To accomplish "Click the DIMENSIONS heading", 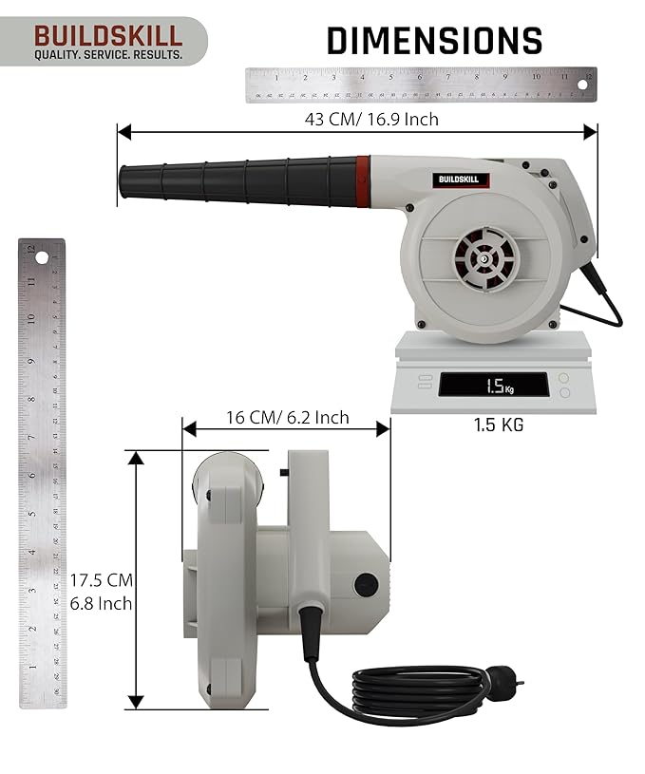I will [x=434, y=41].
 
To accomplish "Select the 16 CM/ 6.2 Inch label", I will [x=287, y=418].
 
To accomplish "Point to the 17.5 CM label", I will [x=101, y=579].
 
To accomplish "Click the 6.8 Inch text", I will [x=101, y=603].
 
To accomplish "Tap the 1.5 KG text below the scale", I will [x=499, y=425].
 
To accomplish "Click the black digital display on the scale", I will [x=495, y=386].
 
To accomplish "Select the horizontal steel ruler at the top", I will [x=419, y=85].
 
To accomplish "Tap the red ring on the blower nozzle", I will [x=363, y=179].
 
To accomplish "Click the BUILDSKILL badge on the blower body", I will [x=463, y=179].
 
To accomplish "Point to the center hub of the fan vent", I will [x=484, y=257].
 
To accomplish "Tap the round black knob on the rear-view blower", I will [x=366, y=585].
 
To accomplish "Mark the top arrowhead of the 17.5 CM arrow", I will [x=136, y=458].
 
